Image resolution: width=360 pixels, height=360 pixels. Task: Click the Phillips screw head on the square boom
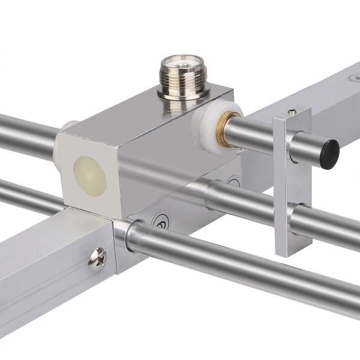click(x=97, y=260)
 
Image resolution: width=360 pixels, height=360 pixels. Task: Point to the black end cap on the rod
click(x=329, y=154)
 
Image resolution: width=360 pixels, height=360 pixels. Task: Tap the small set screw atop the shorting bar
click(x=292, y=112)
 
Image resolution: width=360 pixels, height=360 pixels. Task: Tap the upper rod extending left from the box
click(x=27, y=134)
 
